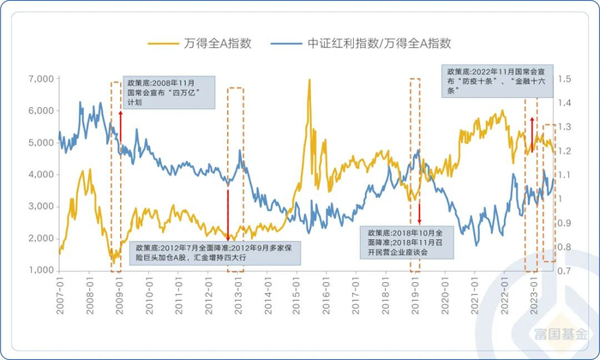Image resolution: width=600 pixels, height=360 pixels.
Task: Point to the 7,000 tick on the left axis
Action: click(37, 79)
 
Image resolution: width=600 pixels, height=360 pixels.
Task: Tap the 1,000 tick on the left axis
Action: click(37, 270)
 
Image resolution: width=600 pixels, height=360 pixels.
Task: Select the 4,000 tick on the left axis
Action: click(37, 175)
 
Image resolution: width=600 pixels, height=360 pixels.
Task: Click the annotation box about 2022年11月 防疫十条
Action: click(488, 81)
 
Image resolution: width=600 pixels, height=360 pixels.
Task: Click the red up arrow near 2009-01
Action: click(121, 125)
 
